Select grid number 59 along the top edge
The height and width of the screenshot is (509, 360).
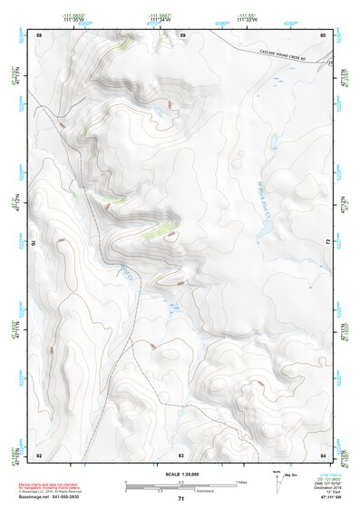(182, 34)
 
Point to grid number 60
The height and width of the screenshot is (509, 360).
(324, 34)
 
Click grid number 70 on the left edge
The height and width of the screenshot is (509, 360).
(36, 243)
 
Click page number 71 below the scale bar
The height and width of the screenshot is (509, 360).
(181, 499)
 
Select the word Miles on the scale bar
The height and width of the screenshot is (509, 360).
(240, 481)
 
